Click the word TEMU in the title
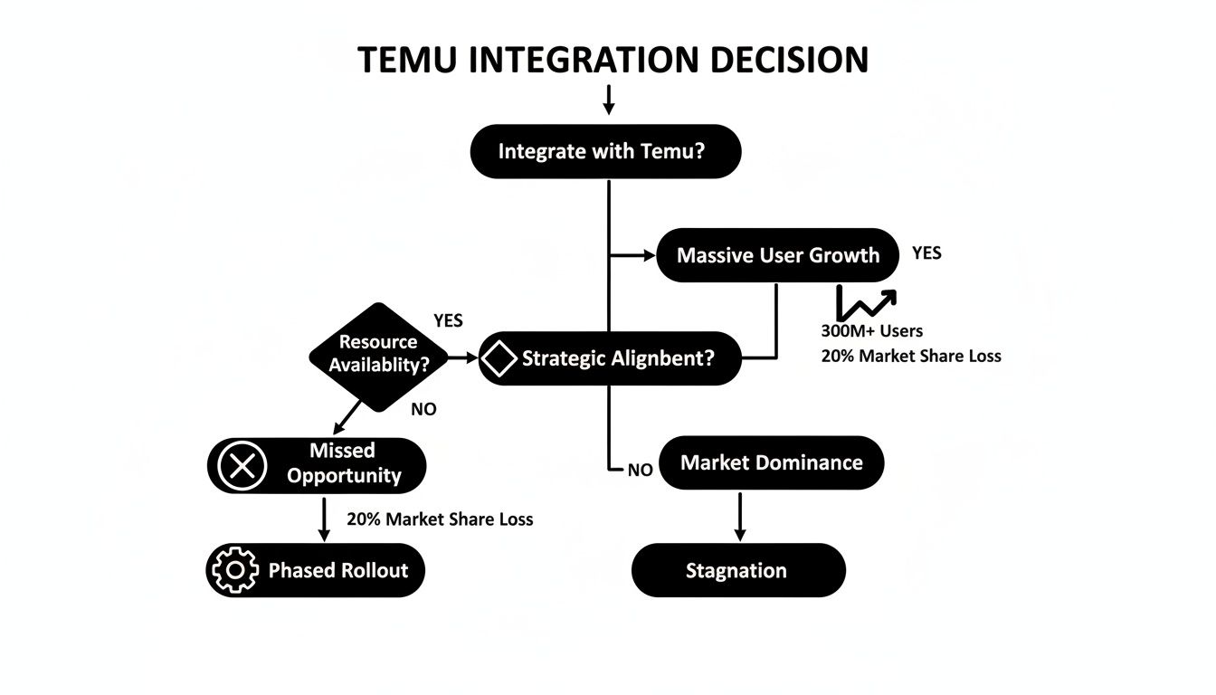(412, 60)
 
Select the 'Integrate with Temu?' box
(605, 151)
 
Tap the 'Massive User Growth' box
(777, 255)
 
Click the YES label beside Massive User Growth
(926, 253)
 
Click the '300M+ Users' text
(871, 331)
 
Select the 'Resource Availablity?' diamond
(378, 356)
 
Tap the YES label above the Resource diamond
(448, 321)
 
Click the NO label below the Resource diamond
(423, 409)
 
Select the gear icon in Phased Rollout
(234, 570)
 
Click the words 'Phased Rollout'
(337, 571)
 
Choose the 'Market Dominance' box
(771, 463)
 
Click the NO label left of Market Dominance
(640, 470)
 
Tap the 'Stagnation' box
(737, 571)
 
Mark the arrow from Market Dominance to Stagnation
(740, 517)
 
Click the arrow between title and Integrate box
(609, 100)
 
